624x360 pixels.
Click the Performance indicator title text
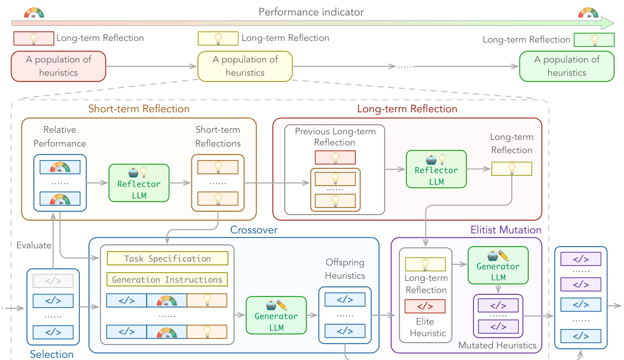tap(311, 12)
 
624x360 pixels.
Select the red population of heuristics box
tap(58, 66)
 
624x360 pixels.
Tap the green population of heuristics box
tap(566, 66)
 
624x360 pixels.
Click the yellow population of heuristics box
tap(245, 66)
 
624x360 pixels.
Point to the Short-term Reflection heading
tap(139, 109)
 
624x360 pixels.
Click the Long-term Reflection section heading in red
tap(407, 109)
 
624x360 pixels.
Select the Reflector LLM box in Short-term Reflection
tap(139, 182)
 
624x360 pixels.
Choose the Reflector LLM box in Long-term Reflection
tap(436, 169)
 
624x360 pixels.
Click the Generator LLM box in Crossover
tap(276, 315)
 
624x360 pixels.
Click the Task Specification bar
tap(167, 258)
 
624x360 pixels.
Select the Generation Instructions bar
tap(167, 280)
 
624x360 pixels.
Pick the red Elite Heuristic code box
tap(426, 306)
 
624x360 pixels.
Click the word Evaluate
tap(34, 245)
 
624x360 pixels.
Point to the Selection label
tap(52, 354)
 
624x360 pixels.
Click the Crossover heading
tap(253, 229)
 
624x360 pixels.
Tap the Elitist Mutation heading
tap(506, 229)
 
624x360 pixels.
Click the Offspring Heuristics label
tap(345, 269)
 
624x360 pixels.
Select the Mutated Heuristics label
tap(497, 345)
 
